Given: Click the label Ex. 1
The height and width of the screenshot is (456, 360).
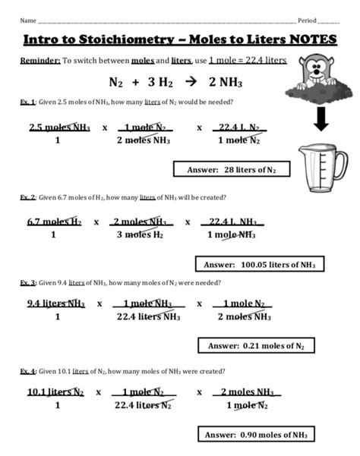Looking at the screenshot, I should coord(27,102).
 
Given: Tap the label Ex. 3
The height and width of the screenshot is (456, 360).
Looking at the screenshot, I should coord(28,282).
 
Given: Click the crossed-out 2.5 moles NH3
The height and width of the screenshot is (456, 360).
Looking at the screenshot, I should coord(58,127).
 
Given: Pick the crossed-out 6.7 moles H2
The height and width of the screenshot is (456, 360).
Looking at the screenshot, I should coord(54,222).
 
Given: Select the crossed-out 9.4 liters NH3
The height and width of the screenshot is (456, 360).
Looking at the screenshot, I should coord(56,303).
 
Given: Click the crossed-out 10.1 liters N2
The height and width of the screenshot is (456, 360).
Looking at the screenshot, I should coord(55,392).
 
